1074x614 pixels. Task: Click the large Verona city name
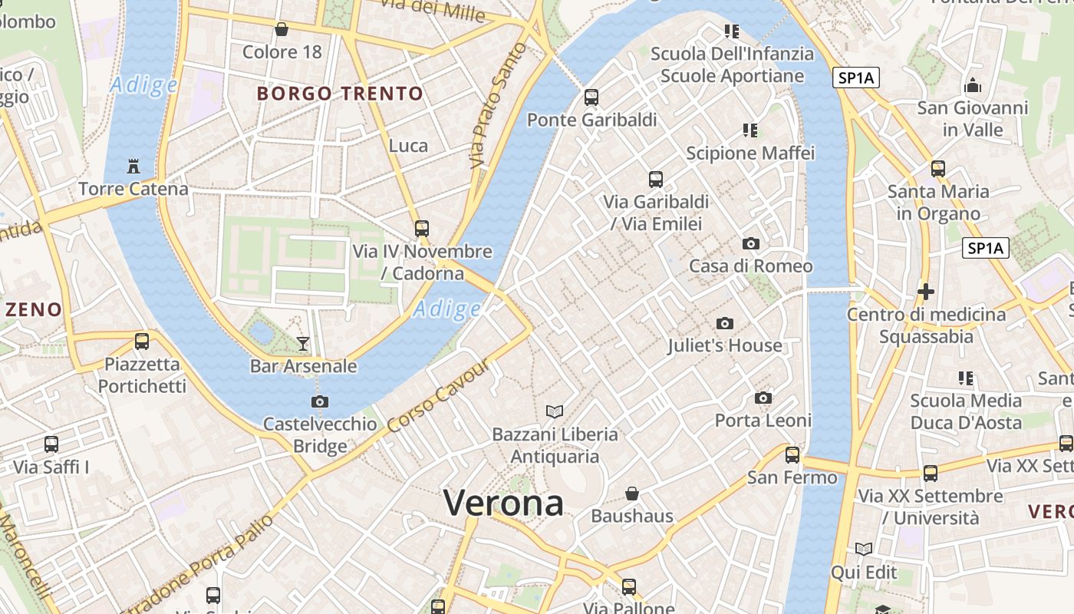[x=503, y=503]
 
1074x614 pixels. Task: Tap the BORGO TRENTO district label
[x=340, y=94]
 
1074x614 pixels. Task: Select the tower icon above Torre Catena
[x=133, y=166]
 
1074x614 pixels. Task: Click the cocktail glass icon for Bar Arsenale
[x=303, y=343]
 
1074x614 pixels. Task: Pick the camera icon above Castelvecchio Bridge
[x=320, y=401]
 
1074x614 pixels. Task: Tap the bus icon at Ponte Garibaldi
[x=591, y=97]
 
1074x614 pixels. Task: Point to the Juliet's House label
[x=724, y=345]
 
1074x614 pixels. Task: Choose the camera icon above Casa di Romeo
[x=750, y=244]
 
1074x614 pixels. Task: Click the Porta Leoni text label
[x=763, y=420]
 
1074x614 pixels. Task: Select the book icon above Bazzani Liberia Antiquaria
[x=554, y=411]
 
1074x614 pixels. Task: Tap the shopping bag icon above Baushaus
[x=632, y=493]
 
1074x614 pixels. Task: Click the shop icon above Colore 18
[x=282, y=30]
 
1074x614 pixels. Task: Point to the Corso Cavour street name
[x=438, y=396]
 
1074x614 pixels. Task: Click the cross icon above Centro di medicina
[x=926, y=292]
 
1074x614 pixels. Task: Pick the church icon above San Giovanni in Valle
[x=973, y=84]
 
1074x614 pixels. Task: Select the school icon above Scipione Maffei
[x=750, y=130]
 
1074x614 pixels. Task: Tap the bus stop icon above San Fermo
[x=792, y=455]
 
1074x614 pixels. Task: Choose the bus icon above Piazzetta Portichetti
[x=142, y=342]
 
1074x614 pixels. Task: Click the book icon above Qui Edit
[x=864, y=549]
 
